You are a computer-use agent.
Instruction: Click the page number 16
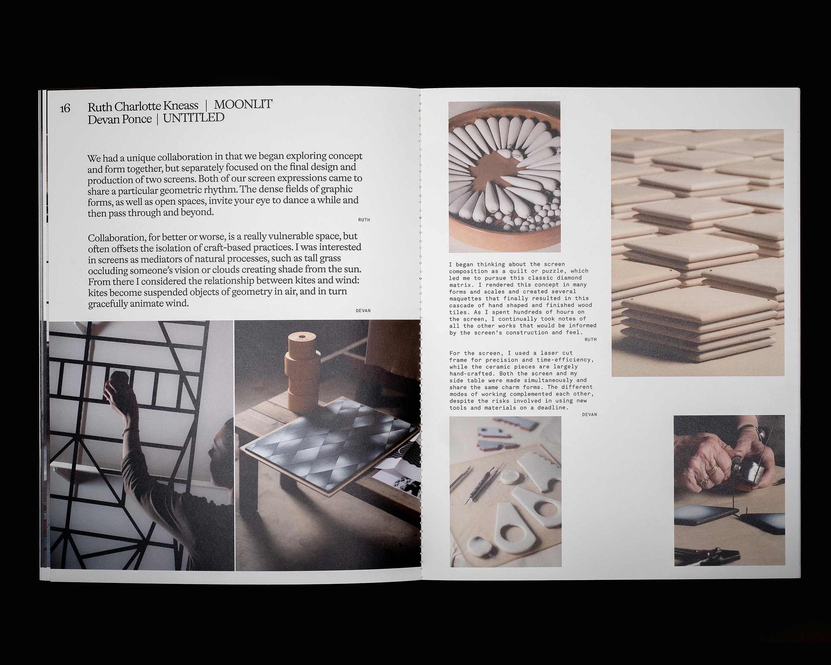[x=65, y=108]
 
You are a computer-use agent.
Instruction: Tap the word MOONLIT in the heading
[x=243, y=104]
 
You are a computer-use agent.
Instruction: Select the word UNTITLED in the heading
[x=194, y=118]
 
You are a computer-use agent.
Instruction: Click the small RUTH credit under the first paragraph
[x=364, y=220]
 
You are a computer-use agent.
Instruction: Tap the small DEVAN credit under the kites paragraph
[x=363, y=311]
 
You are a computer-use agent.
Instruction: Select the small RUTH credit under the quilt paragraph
[x=590, y=339]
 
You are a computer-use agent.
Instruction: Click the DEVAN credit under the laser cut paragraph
[x=589, y=414]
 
